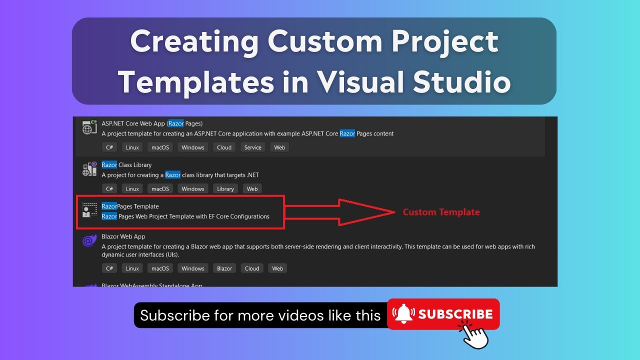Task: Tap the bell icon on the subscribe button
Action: pyautogui.click(x=404, y=314)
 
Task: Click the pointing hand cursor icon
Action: pyautogui.click(x=473, y=333)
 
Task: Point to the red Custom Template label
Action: pyautogui.click(x=441, y=212)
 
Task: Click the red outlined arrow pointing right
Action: pyautogui.click(x=340, y=212)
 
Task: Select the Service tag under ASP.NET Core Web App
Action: pyautogui.click(x=252, y=147)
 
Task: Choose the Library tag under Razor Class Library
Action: pyautogui.click(x=225, y=189)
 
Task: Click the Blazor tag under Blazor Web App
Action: pyautogui.click(x=224, y=268)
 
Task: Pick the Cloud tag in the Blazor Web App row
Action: pyautogui.click(x=252, y=268)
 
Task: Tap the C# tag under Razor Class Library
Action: pyautogui.click(x=109, y=189)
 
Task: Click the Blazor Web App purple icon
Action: pyautogui.click(x=89, y=240)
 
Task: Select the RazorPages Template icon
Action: pyautogui.click(x=90, y=210)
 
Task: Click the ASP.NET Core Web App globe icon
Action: pyautogui.click(x=89, y=128)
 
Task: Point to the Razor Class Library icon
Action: pyautogui.click(x=89, y=169)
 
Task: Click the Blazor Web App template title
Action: pyautogui.click(x=123, y=236)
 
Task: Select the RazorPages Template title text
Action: pyautogui.click(x=130, y=206)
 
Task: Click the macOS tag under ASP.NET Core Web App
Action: pyautogui.click(x=160, y=147)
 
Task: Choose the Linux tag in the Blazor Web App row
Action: pyautogui.click(x=132, y=268)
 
